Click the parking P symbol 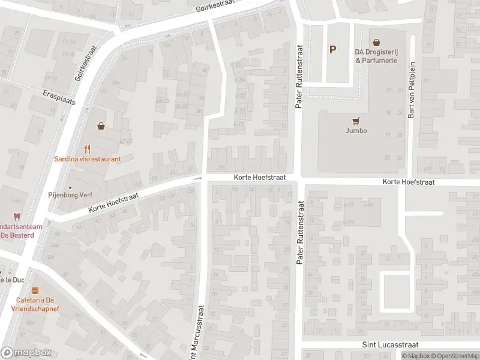[x=332, y=50]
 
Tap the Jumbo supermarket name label [x=356, y=130]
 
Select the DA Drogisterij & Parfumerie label [x=376, y=56]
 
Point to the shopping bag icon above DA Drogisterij [x=376, y=43]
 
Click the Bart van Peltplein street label [x=412, y=98]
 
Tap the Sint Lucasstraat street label [x=390, y=345]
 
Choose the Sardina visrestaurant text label [x=88, y=159]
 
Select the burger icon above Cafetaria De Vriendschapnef [x=35, y=290]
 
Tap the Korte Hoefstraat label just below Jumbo [x=408, y=182]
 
